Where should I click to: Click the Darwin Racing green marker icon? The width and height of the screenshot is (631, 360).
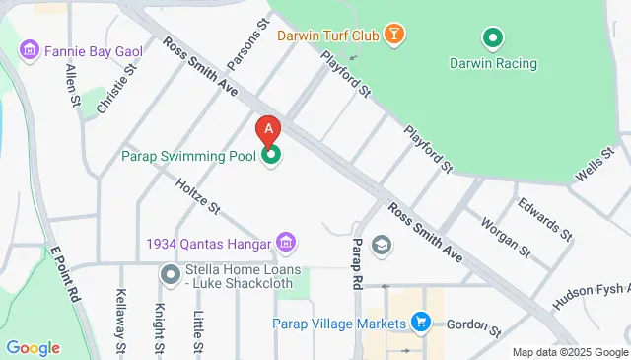pos(492,39)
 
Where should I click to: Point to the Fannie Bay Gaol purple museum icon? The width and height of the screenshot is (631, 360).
pos(29,49)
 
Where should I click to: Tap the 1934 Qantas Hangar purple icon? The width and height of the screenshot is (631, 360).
pos(287,242)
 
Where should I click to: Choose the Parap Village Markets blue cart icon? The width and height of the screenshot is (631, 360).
pos(421,323)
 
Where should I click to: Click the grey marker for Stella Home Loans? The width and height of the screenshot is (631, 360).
pos(171,273)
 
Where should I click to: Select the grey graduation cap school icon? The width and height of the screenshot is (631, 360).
pos(381,245)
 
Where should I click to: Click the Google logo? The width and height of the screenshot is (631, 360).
pos(33,347)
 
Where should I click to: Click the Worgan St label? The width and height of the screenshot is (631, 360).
pos(505,238)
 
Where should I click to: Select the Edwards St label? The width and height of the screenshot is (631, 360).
pos(544,218)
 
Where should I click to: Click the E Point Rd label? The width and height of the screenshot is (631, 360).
pos(66,272)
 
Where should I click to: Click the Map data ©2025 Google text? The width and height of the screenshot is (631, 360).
pos(570,352)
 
